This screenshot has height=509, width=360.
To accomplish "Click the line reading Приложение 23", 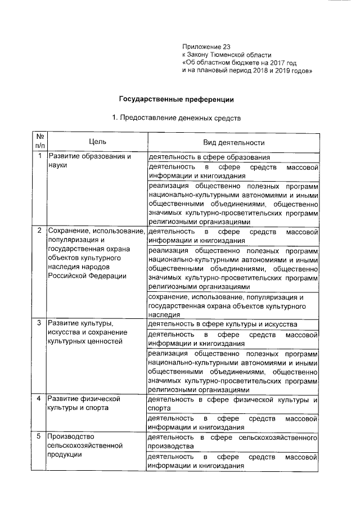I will pyautogui.click(x=206, y=46).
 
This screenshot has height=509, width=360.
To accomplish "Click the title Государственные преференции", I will pyautogui.click(x=175, y=99).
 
